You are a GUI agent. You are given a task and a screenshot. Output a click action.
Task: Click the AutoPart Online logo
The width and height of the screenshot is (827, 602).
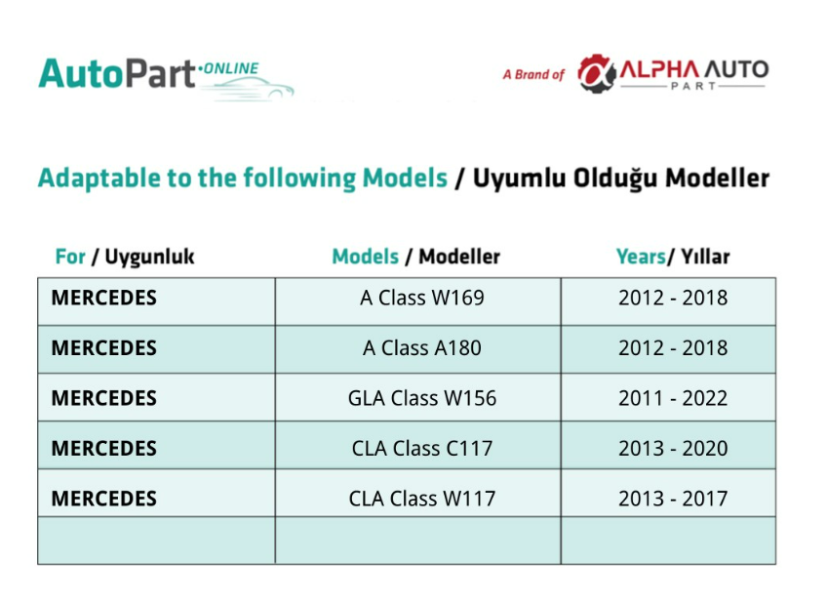tap(166, 77)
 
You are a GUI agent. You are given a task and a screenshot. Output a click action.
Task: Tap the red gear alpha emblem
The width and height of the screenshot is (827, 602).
tap(596, 73)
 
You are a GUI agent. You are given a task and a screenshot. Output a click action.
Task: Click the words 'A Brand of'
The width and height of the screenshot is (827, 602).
tap(533, 75)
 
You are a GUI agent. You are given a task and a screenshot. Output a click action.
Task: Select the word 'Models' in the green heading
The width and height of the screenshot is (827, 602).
tap(405, 178)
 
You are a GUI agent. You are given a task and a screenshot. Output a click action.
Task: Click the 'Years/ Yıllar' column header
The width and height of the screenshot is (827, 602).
tap(673, 257)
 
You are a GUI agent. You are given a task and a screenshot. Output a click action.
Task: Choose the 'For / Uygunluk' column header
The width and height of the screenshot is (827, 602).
tap(125, 257)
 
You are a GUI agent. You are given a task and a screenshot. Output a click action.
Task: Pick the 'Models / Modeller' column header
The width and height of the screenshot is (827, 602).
tap(415, 257)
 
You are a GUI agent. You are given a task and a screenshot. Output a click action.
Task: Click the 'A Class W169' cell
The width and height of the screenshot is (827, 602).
tap(422, 299)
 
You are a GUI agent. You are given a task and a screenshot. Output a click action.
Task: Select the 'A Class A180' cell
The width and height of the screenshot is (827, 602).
tap(422, 348)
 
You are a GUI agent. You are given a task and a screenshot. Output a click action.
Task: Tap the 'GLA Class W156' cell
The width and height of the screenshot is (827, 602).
tap(422, 398)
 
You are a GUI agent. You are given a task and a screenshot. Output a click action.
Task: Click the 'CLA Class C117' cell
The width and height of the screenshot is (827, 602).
tap(422, 449)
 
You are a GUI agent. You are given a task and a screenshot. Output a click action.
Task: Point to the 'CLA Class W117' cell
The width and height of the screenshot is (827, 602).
tap(422, 499)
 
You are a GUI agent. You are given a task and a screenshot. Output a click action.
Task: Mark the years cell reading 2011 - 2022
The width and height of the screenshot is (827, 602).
tap(673, 398)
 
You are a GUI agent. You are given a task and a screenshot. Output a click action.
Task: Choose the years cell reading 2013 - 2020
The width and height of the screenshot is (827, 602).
tap(673, 449)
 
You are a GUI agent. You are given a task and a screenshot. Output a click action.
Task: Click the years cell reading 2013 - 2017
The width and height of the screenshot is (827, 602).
tap(673, 499)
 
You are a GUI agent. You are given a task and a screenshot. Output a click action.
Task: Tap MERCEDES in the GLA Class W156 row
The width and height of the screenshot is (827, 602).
tap(104, 398)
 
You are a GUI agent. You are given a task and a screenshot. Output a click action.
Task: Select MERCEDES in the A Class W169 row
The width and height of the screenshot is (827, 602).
tap(104, 299)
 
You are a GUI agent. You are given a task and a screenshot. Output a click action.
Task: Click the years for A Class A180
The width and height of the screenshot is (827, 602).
tap(673, 348)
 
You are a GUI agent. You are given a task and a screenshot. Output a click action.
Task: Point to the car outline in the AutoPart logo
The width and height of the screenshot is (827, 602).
tap(248, 89)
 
